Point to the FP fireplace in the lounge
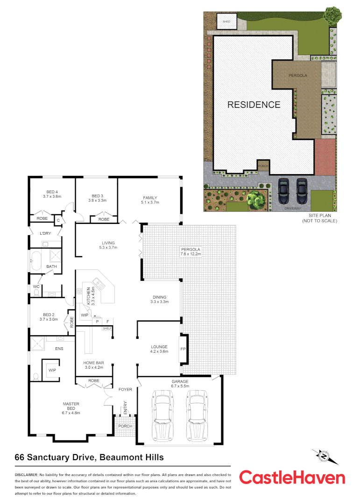(184, 348)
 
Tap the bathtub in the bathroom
(36, 261)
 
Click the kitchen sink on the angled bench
(98, 282)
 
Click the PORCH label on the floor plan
(125, 426)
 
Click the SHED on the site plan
(227, 21)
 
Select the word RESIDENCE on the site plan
(254, 105)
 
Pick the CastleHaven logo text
(292, 477)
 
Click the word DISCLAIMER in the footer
(26, 474)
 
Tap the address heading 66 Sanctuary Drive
(89, 457)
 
